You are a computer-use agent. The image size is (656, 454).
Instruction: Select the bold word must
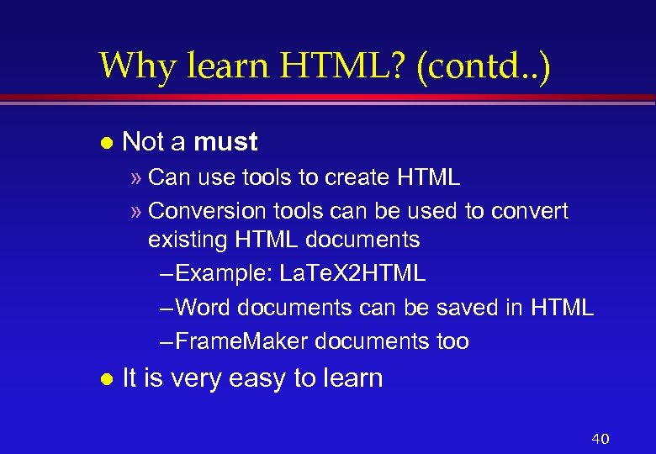(225, 142)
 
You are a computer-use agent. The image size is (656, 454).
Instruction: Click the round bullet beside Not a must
(105, 143)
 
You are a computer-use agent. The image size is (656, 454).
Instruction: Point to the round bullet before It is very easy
(105, 379)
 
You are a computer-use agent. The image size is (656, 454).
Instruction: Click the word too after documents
(452, 341)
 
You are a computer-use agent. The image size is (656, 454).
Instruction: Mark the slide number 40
(600, 439)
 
